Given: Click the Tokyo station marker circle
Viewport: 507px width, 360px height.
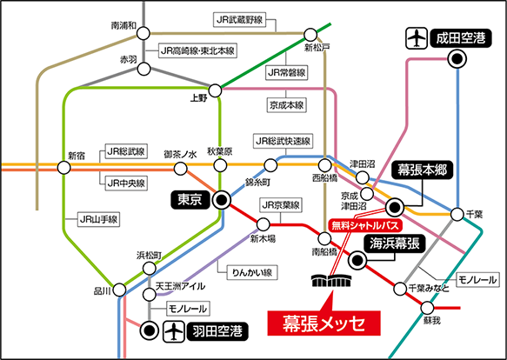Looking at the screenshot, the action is click(222, 200).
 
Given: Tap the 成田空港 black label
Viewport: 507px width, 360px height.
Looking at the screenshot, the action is click(460, 38).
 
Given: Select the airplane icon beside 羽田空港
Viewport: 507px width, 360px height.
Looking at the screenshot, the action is click(174, 331).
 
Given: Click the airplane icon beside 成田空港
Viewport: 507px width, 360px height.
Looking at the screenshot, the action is click(417, 38).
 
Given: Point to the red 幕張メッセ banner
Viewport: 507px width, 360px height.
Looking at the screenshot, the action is click(324, 323).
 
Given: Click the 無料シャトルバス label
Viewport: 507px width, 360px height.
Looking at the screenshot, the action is click(365, 225).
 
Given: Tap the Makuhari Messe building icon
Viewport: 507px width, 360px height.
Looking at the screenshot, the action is click(332, 280).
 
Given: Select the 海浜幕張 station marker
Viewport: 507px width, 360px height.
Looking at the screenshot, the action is click(357, 259).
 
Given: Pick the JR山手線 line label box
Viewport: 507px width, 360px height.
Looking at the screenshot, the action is click(98, 220).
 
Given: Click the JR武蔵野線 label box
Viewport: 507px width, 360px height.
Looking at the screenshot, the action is click(239, 20).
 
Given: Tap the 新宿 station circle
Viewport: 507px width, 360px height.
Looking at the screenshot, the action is click(63, 168).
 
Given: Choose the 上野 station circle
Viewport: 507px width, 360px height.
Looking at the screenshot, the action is click(215, 90).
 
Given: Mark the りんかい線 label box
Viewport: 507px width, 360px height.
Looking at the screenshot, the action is click(252, 272).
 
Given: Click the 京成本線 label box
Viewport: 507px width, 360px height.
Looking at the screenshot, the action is click(286, 105).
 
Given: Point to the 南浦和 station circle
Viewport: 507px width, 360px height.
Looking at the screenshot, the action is click(143, 33).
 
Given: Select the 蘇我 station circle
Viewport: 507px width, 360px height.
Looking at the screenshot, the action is click(427, 308).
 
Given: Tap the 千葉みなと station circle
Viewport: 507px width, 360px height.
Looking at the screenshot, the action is click(400, 289).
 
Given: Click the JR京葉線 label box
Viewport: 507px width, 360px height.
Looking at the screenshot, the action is click(281, 205).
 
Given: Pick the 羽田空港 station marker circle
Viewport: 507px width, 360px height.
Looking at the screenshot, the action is click(150, 330).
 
